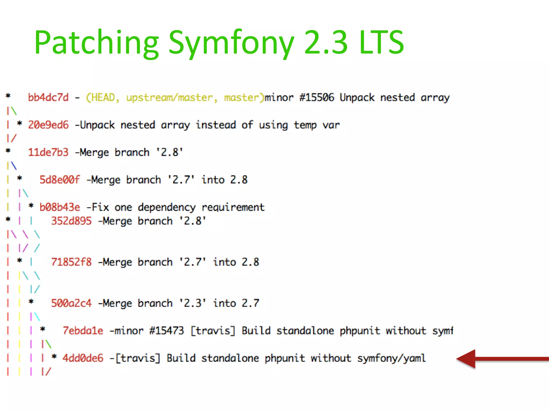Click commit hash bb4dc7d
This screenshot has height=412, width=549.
(48, 97)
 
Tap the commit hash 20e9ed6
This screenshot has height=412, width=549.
(48, 125)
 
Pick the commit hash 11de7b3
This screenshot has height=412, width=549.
(48, 152)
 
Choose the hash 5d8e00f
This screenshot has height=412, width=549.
(60, 180)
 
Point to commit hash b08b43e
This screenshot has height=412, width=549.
(60, 207)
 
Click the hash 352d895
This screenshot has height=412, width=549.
(71, 221)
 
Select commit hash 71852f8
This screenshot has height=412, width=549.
(71, 262)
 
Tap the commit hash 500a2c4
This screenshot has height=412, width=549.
(71, 303)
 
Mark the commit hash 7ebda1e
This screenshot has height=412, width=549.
(83, 331)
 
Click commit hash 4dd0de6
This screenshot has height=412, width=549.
(83, 358)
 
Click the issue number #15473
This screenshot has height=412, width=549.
(166, 331)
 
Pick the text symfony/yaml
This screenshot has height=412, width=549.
(391, 358)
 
